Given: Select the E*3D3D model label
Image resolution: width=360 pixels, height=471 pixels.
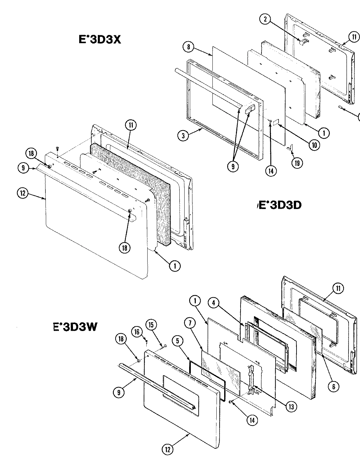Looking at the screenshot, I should pyautogui.click(x=280, y=205).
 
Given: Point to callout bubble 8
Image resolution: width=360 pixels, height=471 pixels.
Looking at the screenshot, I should pyautogui.click(x=189, y=47).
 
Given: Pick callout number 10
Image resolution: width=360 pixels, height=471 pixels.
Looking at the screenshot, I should pyautogui.click(x=314, y=145).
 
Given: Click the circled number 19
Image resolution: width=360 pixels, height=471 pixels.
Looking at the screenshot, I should pyautogui.click(x=297, y=163).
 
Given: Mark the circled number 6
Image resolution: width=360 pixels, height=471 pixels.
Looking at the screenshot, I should pyautogui.click(x=333, y=386).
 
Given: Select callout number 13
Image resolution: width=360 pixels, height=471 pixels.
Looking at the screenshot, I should pyautogui.click(x=291, y=406).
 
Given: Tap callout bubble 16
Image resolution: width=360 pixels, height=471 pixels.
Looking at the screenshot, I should pyautogui.click(x=137, y=332).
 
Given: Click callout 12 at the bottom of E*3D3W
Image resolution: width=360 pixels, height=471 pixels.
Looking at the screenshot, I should pyautogui.click(x=168, y=449).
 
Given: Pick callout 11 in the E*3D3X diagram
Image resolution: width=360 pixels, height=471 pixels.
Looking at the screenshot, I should pyautogui.click(x=131, y=125).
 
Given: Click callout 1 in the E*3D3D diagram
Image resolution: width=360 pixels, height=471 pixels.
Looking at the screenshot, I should pyautogui.click(x=324, y=133).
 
